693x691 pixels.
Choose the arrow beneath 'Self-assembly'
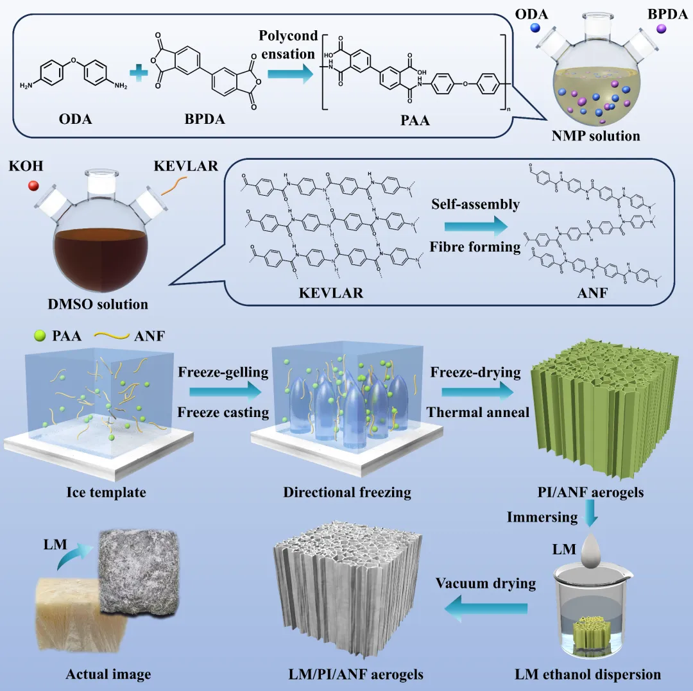click(474, 226)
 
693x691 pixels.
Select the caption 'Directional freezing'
click(347, 493)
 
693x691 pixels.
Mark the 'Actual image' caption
click(108, 674)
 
